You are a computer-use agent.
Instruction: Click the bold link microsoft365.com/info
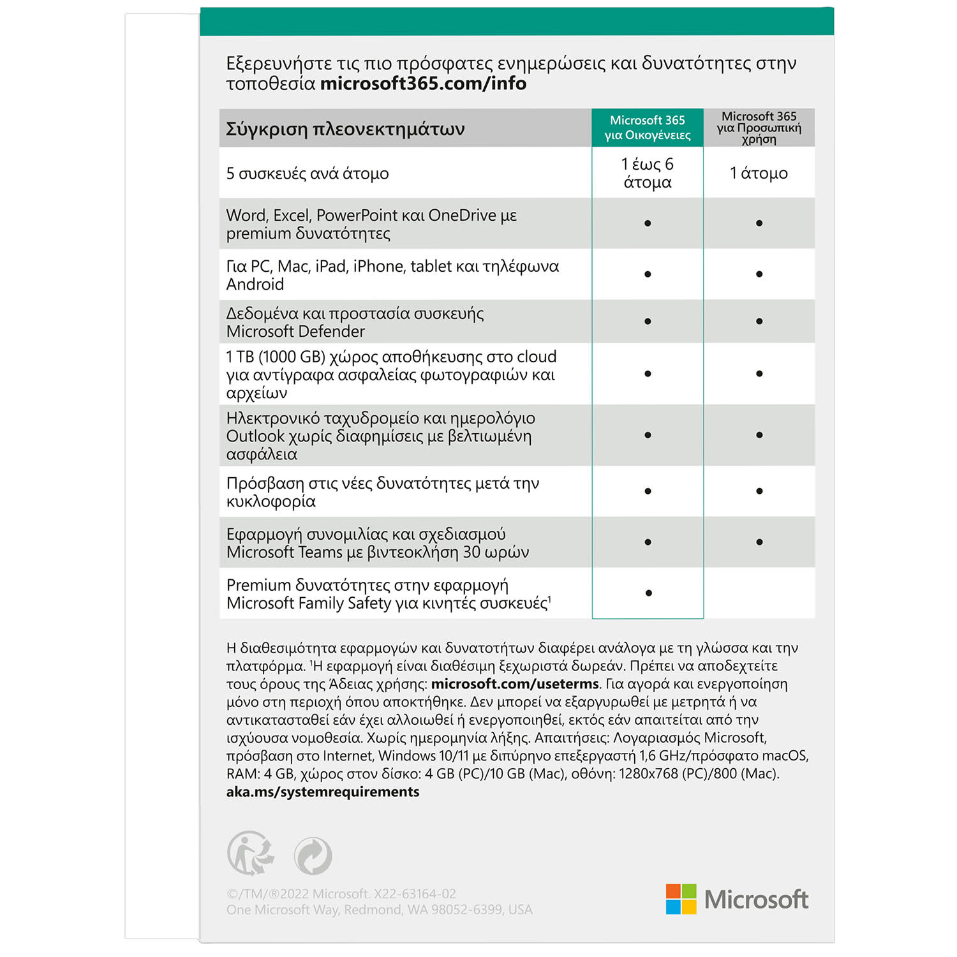pyautogui.click(x=423, y=84)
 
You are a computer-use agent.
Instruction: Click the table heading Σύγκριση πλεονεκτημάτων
pyautogui.click(x=345, y=129)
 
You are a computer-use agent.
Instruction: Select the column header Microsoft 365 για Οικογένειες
pyautogui.click(x=647, y=128)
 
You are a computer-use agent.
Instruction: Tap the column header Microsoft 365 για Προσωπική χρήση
pyautogui.click(x=759, y=128)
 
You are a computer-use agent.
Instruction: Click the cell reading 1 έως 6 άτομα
pyautogui.click(x=647, y=173)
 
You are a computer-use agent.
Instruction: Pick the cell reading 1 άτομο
pyautogui.click(x=759, y=173)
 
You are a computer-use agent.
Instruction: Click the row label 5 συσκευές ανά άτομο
pyautogui.click(x=308, y=174)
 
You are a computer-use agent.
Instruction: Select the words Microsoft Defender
pyautogui.click(x=295, y=331)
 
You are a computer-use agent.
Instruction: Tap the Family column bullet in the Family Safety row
pyautogui.click(x=648, y=593)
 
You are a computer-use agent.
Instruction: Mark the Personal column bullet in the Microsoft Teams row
pyautogui.click(x=759, y=542)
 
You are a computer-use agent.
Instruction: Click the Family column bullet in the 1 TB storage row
pyautogui.click(x=648, y=374)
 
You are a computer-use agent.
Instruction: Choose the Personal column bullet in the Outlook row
pyautogui.click(x=759, y=435)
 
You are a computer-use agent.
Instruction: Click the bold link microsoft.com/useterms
pyautogui.click(x=515, y=684)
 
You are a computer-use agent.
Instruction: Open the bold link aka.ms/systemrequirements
pyautogui.click(x=323, y=792)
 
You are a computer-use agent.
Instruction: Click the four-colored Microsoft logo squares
pyautogui.click(x=681, y=899)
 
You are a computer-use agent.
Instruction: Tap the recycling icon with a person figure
pyautogui.click(x=251, y=853)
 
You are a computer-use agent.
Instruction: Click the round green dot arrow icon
pyautogui.click(x=313, y=856)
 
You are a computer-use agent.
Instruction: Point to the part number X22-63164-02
pyautogui.click(x=415, y=894)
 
